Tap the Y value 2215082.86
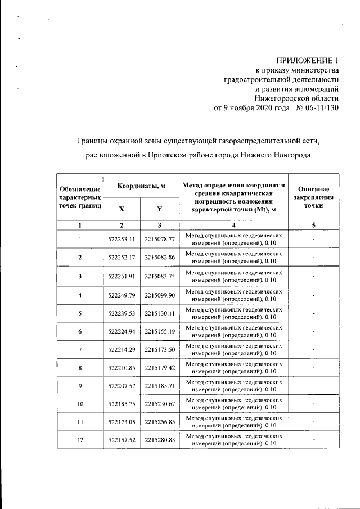[x=160, y=258]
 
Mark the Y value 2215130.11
[x=160, y=313]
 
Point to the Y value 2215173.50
[x=160, y=350]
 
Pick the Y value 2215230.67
[x=160, y=404]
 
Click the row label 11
[x=80, y=422]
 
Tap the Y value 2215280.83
[x=160, y=440]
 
